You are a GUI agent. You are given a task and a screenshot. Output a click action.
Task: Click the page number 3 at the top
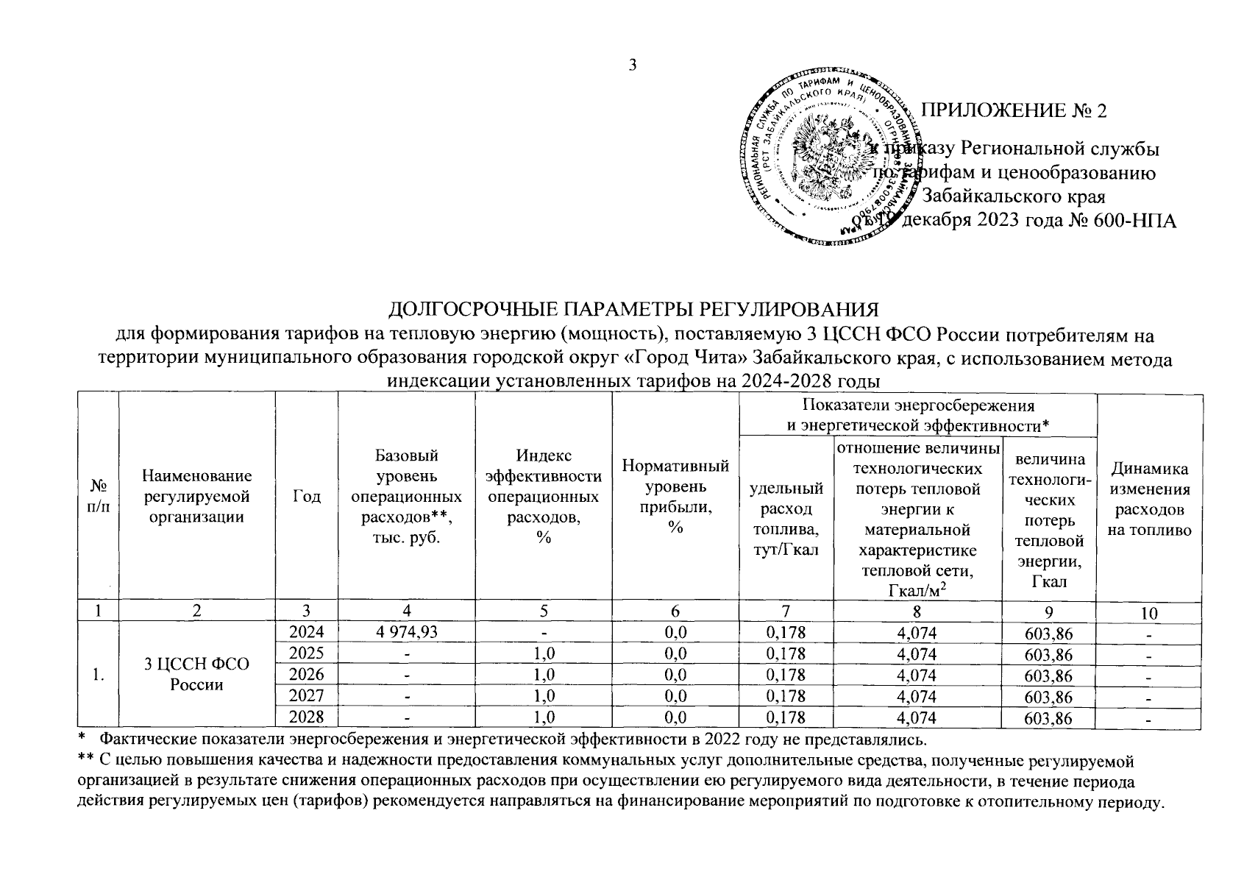coord(632,65)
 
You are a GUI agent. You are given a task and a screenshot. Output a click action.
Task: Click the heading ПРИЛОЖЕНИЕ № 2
coord(1014,110)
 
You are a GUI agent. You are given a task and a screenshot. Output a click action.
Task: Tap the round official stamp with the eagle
coord(830,158)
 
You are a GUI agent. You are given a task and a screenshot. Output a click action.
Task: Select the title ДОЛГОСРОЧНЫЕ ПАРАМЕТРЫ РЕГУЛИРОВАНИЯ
coord(634,308)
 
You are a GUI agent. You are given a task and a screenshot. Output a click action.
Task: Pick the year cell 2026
coord(306,675)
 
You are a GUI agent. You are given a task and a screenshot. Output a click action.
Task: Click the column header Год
coord(306,497)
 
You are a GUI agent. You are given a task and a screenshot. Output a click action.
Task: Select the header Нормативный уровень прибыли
coord(675,497)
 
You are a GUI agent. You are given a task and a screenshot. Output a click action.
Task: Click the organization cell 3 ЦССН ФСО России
coord(196,675)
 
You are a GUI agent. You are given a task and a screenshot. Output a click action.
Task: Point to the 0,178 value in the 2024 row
coord(786,633)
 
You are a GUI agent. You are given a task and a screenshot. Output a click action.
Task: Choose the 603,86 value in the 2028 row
coord(1048,718)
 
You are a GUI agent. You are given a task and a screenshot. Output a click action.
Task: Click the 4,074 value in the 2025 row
coord(917,654)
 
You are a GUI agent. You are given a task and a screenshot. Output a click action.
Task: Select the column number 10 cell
coord(1149,613)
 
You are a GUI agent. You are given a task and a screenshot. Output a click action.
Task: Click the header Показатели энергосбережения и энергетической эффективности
coord(917,415)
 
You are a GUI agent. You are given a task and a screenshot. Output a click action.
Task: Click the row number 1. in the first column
coord(98,675)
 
